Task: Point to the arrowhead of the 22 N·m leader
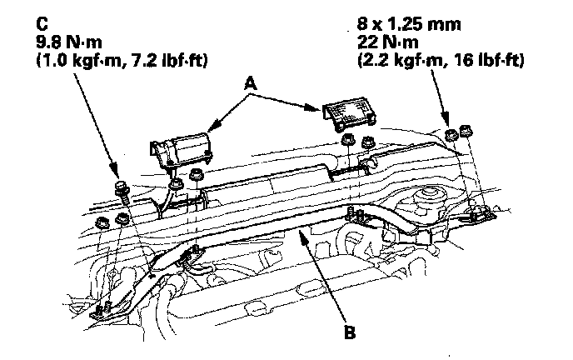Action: click(x=450, y=126)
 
